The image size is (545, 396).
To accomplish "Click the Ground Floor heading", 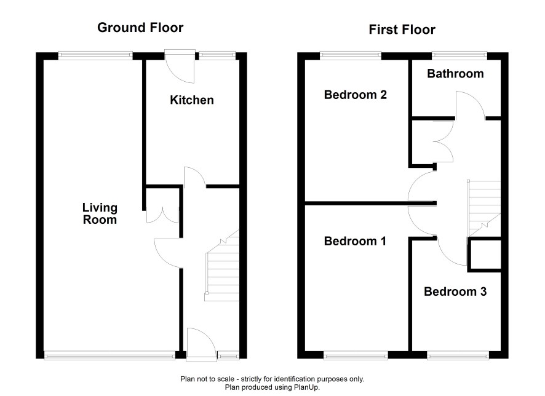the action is (x=140, y=28).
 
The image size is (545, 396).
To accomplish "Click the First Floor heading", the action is (x=402, y=30).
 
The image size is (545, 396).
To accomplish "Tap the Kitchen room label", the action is (x=191, y=100).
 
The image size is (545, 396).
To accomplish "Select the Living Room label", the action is (x=100, y=213).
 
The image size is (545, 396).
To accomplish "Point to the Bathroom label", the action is (x=455, y=74).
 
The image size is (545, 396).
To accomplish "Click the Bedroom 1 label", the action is (x=355, y=241).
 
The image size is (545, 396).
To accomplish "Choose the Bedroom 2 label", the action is (x=355, y=95).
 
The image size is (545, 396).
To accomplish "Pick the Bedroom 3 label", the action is (x=455, y=291).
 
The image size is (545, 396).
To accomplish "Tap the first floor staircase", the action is (x=484, y=208).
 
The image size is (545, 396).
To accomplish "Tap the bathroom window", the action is (x=459, y=55).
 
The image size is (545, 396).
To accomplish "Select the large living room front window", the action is (x=110, y=355).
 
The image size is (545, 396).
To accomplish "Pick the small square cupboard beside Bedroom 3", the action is (x=485, y=255).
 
